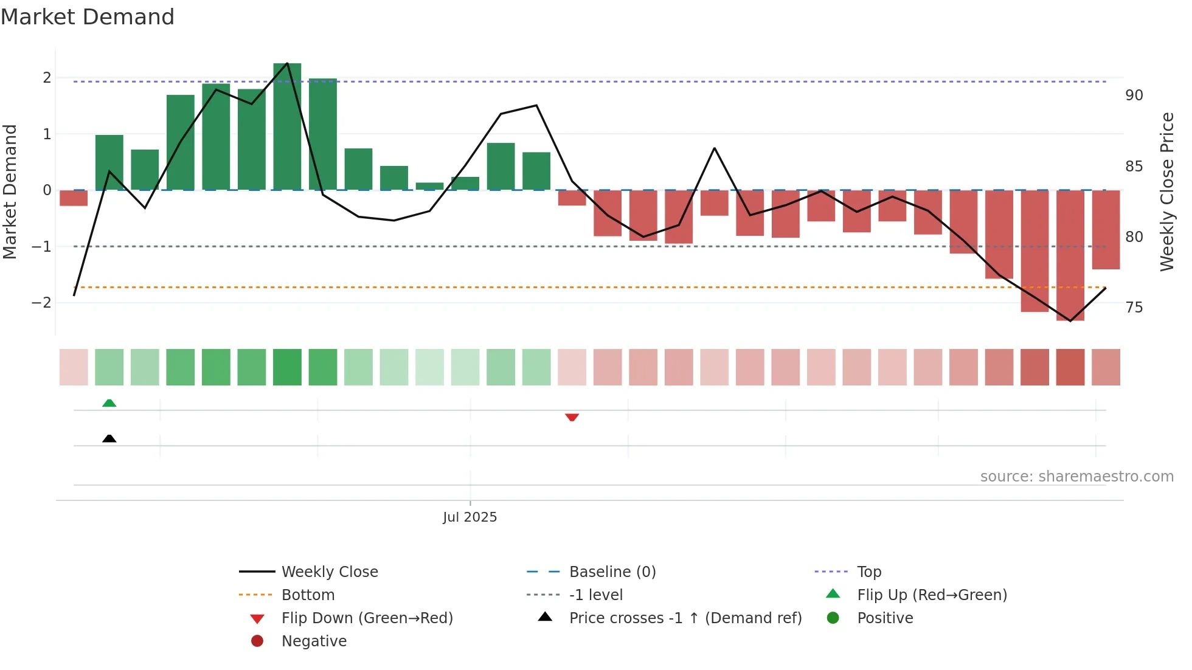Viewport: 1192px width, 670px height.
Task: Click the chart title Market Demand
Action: [88, 17]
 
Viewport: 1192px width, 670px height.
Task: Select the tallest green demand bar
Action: [287, 126]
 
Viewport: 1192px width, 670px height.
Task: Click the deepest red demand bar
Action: [1070, 255]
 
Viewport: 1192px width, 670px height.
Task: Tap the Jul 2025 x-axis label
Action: [470, 517]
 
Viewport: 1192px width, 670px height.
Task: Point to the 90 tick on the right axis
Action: [1134, 95]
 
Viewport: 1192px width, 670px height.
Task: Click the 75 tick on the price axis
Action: [1134, 308]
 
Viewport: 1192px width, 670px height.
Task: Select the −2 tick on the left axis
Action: [41, 303]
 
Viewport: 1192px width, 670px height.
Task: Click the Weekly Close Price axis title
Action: [1166, 192]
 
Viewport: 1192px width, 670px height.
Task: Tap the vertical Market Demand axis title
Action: [10, 192]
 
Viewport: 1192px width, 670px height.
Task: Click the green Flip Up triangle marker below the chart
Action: [109, 403]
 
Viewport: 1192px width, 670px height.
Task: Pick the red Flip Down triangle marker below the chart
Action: [572, 417]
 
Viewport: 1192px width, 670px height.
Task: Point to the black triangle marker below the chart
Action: [109, 438]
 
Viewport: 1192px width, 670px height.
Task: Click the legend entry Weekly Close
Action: [329, 572]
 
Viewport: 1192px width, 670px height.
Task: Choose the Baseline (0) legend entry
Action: [612, 572]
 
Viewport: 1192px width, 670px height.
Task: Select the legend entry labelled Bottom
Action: [308, 595]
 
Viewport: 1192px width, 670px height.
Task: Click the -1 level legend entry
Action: [595, 595]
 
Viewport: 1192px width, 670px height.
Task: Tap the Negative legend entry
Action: [314, 641]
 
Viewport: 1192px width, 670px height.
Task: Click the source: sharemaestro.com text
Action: [1076, 477]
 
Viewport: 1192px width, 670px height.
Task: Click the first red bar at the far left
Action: [74, 198]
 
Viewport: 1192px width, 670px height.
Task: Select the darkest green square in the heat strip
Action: [287, 367]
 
